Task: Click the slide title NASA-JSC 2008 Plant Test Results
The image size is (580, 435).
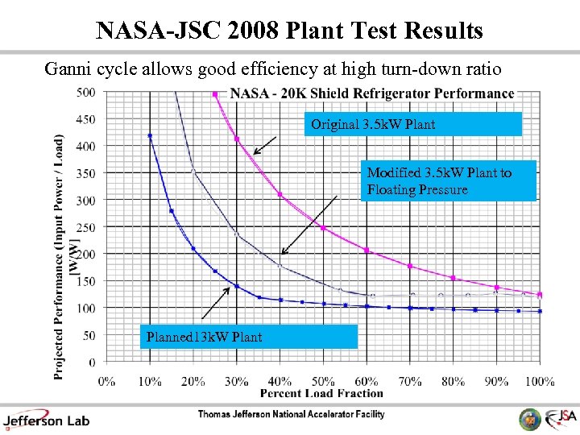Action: pyautogui.click(x=289, y=30)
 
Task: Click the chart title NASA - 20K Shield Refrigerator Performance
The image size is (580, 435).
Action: pyautogui.click(x=372, y=93)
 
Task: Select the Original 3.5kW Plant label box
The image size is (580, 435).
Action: pyautogui.click(x=416, y=124)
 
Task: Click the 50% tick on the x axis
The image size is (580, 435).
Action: pyautogui.click(x=323, y=380)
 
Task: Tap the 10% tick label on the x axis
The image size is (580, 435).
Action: pyautogui.click(x=150, y=380)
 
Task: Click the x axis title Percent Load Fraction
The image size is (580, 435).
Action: pyautogui.click(x=321, y=393)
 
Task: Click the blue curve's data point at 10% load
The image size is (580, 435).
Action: pyautogui.click(x=150, y=136)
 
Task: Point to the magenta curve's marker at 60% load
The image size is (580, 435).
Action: pyautogui.click(x=367, y=251)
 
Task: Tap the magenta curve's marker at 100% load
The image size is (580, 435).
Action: pyautogui.click(x=540, y=295)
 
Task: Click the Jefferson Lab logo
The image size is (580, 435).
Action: pyautogui.click(x=47, y=419)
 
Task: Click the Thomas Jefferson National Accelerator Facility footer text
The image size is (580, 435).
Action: pyautogui.click(x=291, y=415)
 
